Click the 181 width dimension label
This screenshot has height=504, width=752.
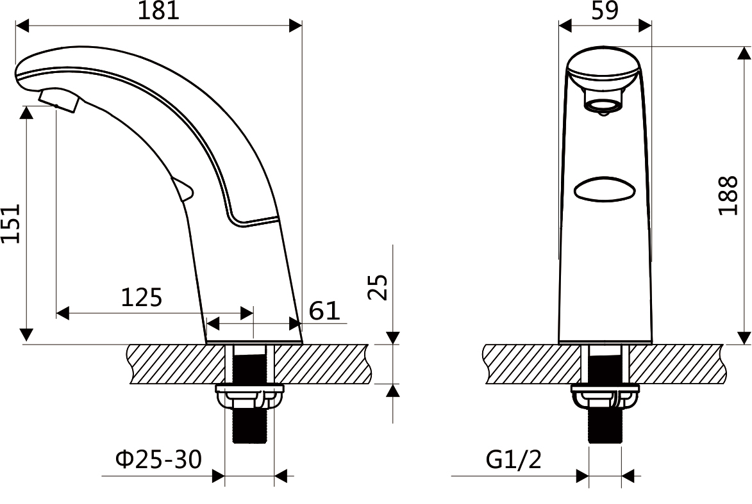pos(158,10)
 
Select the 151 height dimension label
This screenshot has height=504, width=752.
pos(10,224)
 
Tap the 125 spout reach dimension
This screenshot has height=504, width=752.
pos(142,298)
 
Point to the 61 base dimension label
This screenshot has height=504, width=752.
pos(324,311)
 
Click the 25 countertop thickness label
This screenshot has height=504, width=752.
pos(378,287)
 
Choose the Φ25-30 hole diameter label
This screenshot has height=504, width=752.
pos(159,459)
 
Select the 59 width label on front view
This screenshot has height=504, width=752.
pos(605,10)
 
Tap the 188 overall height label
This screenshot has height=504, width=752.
pos(728,195)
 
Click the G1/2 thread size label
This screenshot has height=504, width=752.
pos(514,459)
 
